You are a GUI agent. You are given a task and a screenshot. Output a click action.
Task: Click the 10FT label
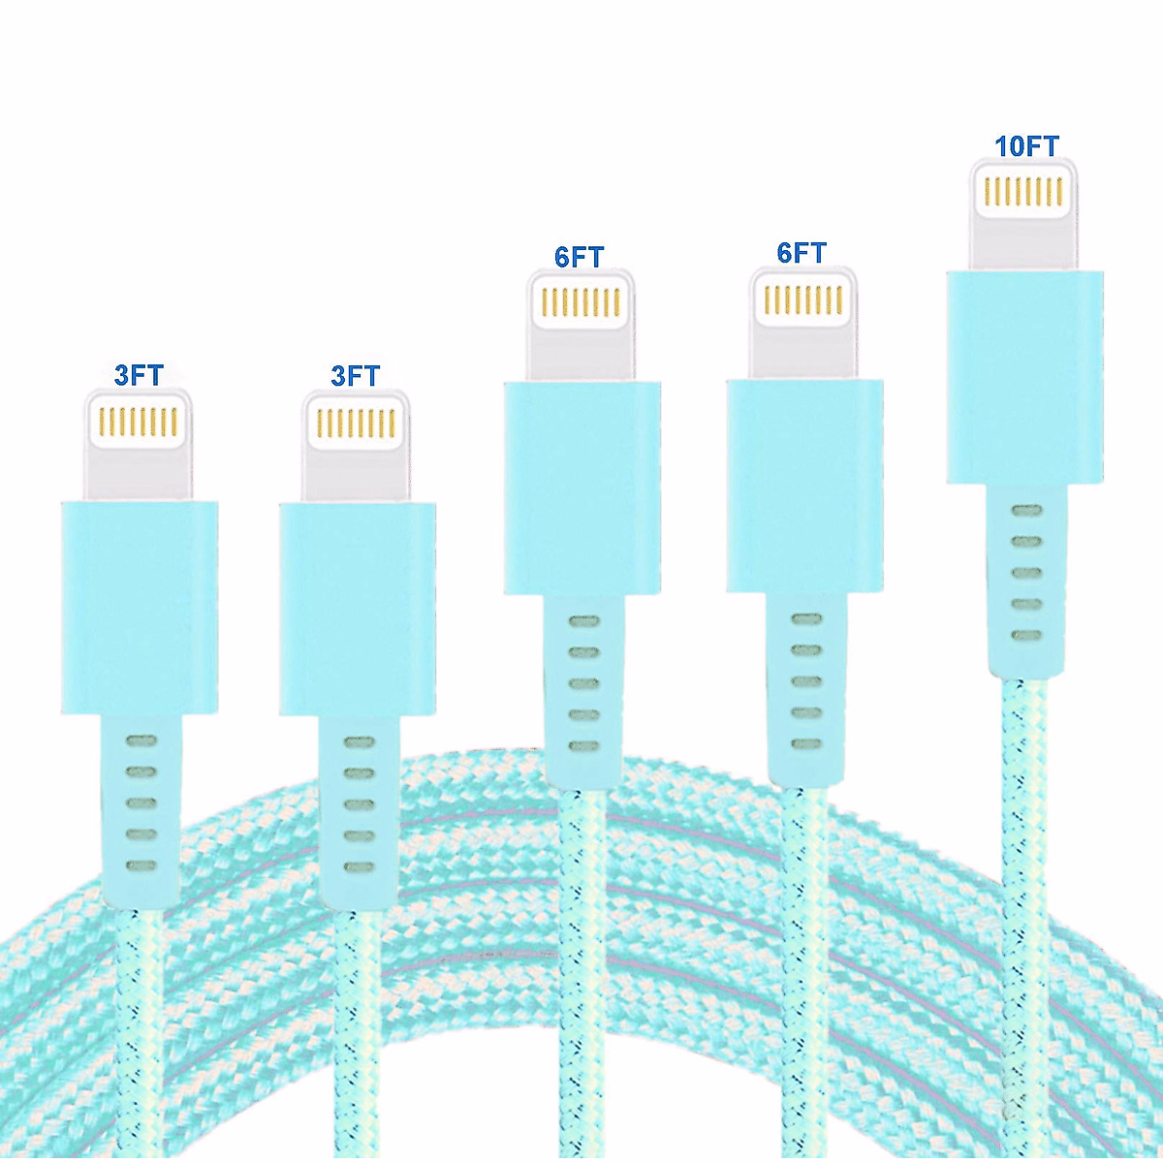point(1026,145)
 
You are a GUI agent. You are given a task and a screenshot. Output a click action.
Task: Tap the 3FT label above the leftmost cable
point(139,375)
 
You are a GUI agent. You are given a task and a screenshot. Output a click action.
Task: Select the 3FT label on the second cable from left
point(356,375)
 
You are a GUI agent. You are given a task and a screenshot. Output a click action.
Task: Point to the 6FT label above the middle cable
point(580,257)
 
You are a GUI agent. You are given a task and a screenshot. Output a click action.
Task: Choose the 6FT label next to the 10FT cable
point(802,253)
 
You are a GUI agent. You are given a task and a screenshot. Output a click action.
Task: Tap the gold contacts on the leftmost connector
point(140,422)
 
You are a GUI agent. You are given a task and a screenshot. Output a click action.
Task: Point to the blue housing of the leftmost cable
point(140,607)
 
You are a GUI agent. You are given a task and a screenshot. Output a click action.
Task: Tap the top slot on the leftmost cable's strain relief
point(141,741)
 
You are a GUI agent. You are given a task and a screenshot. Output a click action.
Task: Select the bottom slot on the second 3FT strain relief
point(359,865)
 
